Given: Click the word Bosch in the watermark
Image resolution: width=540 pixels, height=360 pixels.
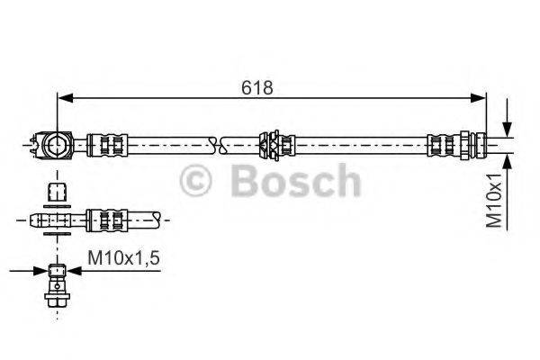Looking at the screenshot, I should click(294, 182).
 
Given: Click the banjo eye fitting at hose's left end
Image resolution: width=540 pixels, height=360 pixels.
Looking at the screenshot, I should click(55, 143).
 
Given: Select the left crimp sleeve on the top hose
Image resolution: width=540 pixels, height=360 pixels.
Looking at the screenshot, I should click(107, 143).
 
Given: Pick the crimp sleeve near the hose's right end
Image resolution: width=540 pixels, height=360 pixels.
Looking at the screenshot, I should click(443, 143).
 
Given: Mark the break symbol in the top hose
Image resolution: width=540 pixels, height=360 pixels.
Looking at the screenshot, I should click(213, 143).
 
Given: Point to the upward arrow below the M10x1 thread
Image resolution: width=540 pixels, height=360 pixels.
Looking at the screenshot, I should click(509, 161).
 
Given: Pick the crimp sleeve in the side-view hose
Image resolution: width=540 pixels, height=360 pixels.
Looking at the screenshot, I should click(107, 219).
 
